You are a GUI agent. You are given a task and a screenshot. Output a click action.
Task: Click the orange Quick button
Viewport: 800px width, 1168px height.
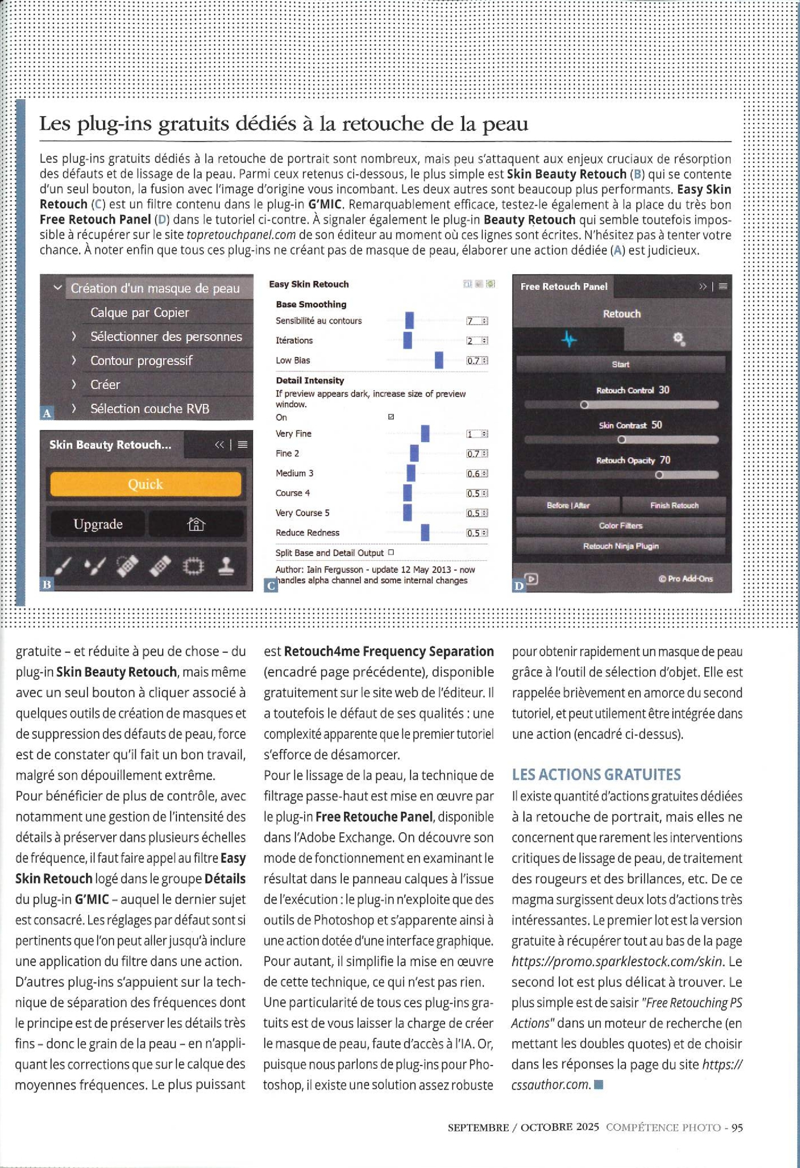[145, 484]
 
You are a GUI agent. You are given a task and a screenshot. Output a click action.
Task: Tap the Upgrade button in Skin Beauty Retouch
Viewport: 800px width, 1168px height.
[98, 524]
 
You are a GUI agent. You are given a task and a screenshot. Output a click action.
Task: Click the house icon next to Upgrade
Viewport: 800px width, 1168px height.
[196, 524]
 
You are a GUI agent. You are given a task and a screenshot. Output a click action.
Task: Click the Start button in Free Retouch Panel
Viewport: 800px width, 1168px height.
[620, 364]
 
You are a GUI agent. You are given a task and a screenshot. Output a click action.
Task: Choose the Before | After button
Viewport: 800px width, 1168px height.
[568, 505]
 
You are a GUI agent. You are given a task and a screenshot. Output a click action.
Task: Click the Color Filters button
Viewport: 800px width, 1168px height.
[620, 526]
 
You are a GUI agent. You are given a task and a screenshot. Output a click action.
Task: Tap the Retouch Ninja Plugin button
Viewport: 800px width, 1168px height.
[620, 546]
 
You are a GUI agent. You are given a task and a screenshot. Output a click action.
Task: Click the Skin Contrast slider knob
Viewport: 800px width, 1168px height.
[621, 440]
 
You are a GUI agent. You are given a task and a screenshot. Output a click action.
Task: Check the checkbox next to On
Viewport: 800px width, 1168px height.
[391, 417]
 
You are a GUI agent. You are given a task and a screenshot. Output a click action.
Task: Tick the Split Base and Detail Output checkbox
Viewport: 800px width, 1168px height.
[391, 552]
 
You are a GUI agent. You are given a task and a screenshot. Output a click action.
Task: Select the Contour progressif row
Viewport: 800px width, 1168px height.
[141, 360]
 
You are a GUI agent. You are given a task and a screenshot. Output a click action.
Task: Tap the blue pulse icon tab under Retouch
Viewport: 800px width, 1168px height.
[569, 339]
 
